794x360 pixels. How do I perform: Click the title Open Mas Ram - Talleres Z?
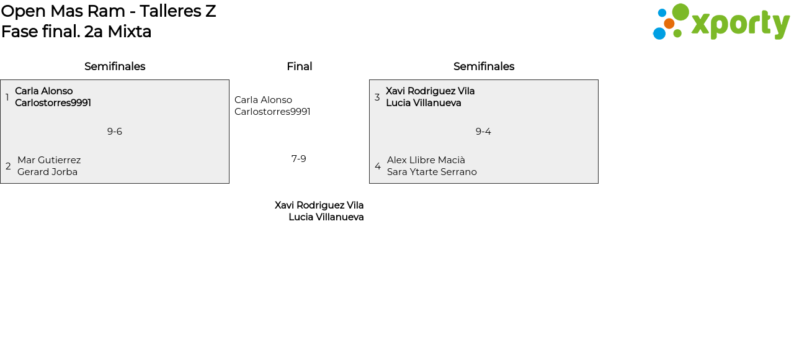(x=109, y=11)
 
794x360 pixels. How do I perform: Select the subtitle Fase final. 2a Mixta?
(x=76, y=32)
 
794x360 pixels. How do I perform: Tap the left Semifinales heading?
(x=115, y=66)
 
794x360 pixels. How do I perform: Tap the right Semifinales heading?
(x=484, y=66)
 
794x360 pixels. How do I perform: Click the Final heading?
(x=299, y=66)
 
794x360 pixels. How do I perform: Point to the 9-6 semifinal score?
(x=115, y=132)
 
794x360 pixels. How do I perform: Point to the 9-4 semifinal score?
(x=483, y=132)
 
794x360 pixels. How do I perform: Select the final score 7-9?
(x=299, y=159)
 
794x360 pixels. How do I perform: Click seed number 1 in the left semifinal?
(x=7, y=97)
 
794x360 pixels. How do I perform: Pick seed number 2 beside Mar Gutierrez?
(x=8, y=166)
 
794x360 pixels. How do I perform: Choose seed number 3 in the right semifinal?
(x=377, y=97)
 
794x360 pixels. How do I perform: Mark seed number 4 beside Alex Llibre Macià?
(x=378, y=166)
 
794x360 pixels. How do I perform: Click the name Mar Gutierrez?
(x=49, y=160)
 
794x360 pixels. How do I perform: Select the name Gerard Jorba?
(x=47, y=172)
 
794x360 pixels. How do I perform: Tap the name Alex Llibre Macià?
(x=426, y=160)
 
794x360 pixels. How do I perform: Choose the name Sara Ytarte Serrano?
(x=432, y=172)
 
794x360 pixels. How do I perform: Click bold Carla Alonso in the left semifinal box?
(x=44, y=91)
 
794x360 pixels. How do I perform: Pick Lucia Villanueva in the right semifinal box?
(x=424, y=103)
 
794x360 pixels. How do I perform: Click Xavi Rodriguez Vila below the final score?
(x=319, y=205)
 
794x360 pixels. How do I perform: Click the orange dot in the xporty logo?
(x=669, y=24)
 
